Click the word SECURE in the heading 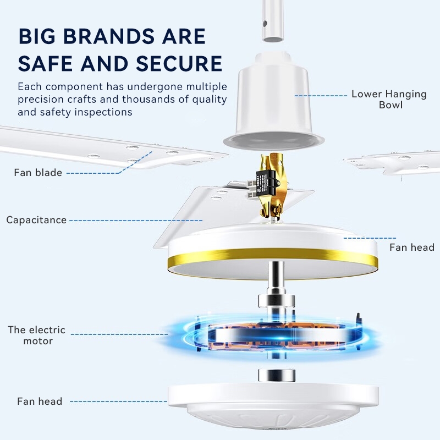pos(179,63)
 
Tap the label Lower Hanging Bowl pos(389,100)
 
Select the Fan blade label pos(38,172)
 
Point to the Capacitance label pos(36,220)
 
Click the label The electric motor pos(36,335)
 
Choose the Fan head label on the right pos(412,247)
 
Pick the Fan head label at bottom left pos(40,402)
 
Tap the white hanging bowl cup pos(273,101)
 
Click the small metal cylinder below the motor pos(277,375)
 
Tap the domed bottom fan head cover pos(273,407)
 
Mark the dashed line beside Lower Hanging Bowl pos(321,96)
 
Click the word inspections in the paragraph pos(103,112)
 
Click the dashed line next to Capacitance pos(136,221)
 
